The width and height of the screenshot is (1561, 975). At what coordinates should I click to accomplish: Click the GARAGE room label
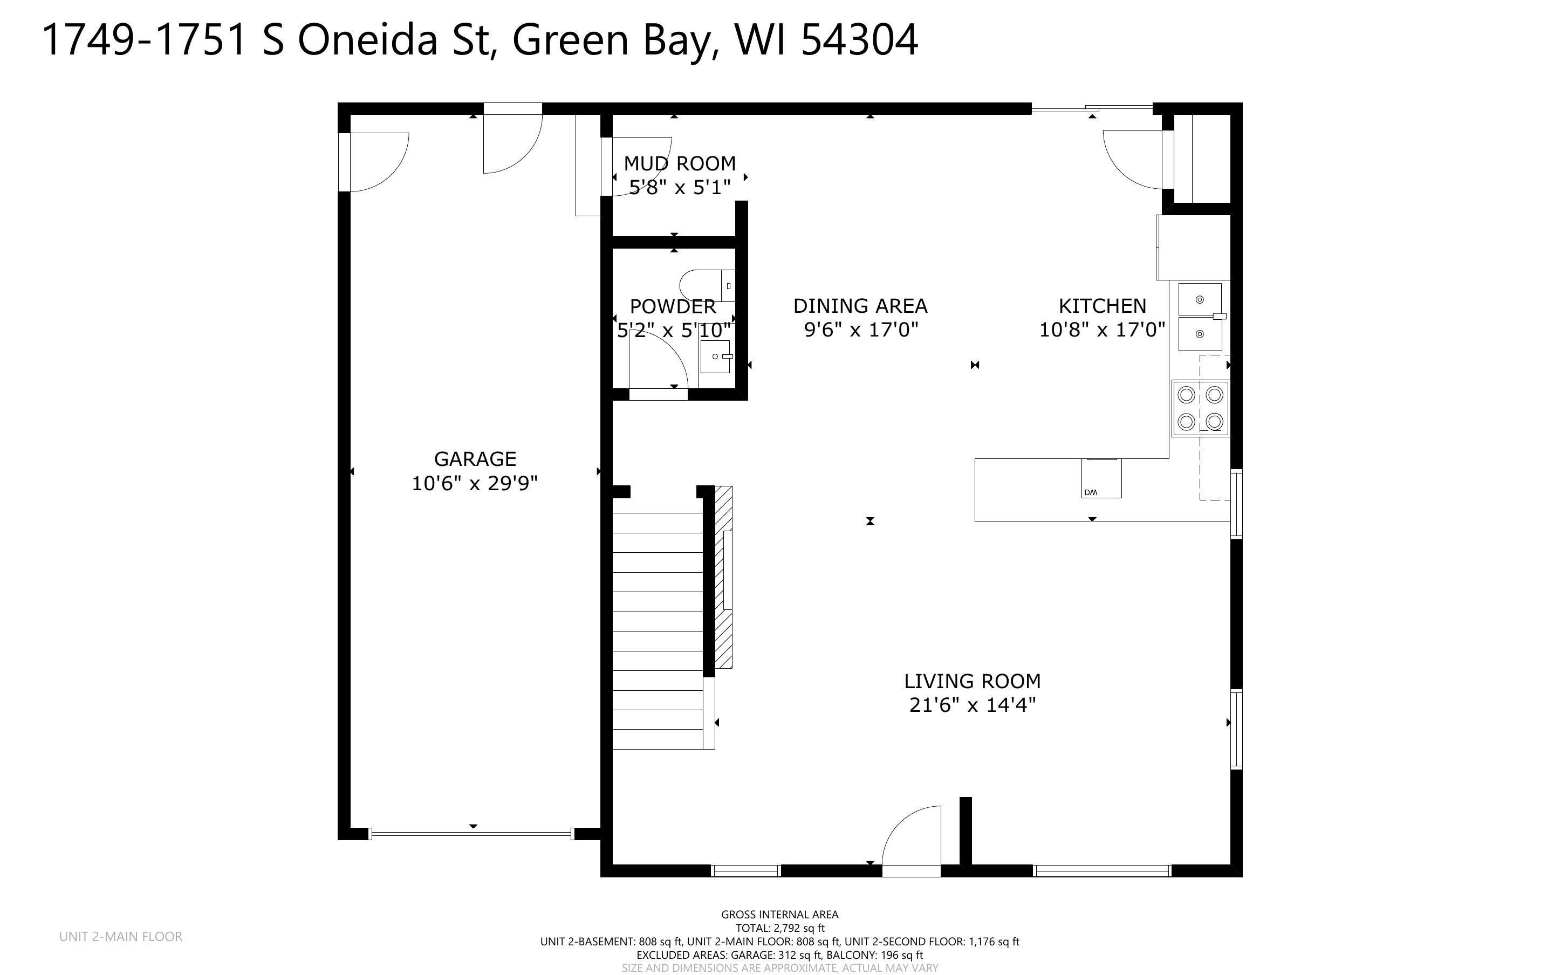pyautogui.click(x=475, y=458)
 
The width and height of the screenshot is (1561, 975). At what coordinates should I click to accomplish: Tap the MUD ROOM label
pyautogui.click(x=680, y=163)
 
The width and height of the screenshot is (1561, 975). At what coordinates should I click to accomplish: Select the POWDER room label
pyautogui.click(x=673, y=306)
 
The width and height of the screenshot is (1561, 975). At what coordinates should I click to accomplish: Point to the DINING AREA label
pyautogui.click(x=860, y=306)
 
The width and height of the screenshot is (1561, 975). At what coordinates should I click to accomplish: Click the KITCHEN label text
pyautogui.click(x=1103, y=306)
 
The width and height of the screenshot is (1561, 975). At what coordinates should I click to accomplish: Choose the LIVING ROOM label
pyautogui.click(x=973, y=681)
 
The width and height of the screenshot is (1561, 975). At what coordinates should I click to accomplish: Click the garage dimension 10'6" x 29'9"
pyautogui.click(x=475, y=483)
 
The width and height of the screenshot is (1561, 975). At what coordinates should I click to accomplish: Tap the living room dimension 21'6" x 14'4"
pyautogui.click(x=973, y=705)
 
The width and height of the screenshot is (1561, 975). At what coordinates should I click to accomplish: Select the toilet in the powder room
pyautogui.click(x=707, y=285)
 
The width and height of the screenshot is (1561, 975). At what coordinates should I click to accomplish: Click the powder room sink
pyautogui.click(x=716, y=356)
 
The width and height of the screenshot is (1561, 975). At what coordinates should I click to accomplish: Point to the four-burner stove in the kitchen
pyautogui.click(x=1200, y=408)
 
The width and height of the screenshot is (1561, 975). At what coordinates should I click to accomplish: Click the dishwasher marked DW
pyautogui.click(x=1101, y=478)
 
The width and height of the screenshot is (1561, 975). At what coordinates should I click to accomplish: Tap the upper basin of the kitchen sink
pyautogui.click(x=1200, y=299)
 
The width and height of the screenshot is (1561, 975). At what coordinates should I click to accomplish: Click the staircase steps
pyautogui.click(x=658, y=630)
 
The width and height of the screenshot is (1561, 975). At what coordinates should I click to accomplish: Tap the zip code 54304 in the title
pyautogui.click(x=859, y=40)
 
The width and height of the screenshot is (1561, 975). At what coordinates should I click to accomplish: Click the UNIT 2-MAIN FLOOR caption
pyautogui.click(x=121, y=936)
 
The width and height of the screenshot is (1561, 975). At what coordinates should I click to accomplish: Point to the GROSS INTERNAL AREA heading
pyautogui.click(x=779, y=915)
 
